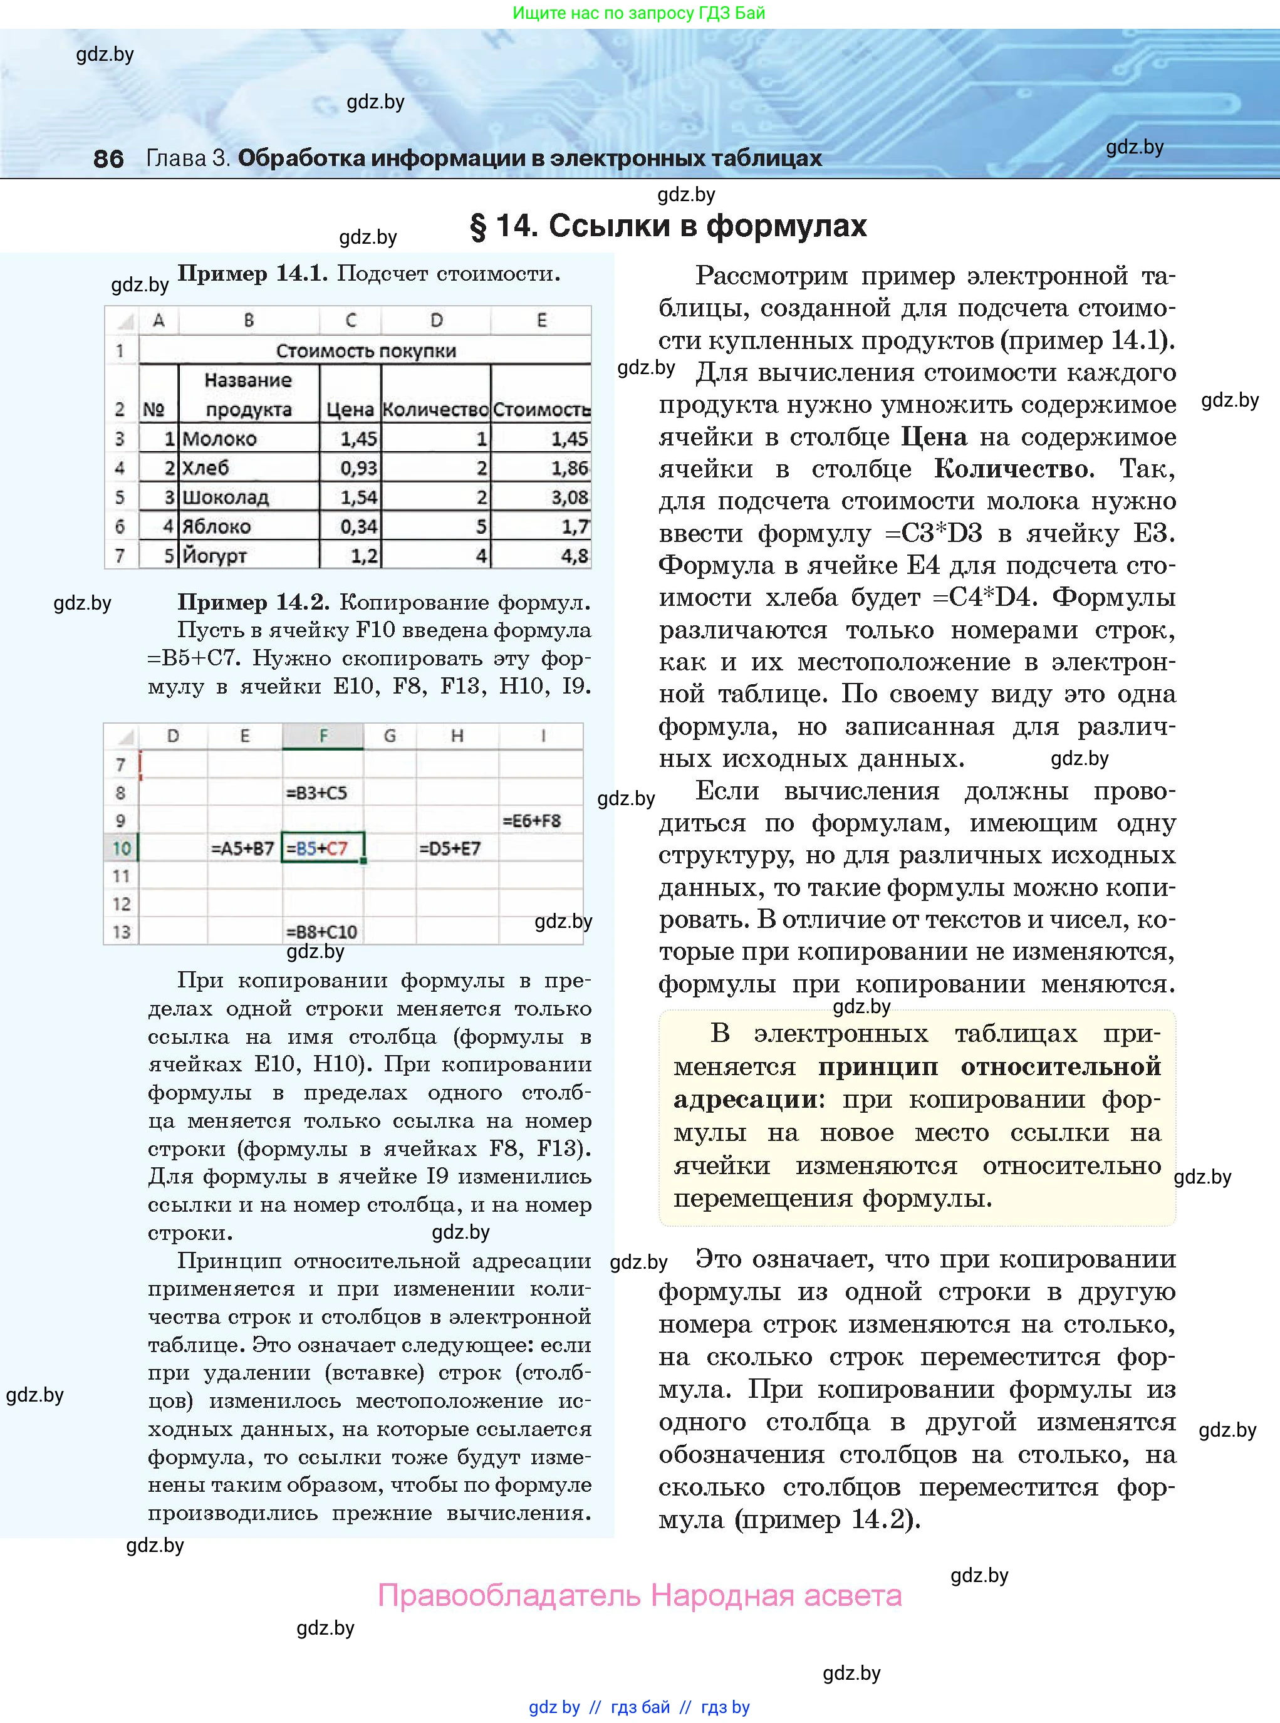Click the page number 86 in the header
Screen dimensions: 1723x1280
tap(108, 159)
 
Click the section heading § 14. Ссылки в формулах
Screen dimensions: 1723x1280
tap(668, 226)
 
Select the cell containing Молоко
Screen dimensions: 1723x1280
tap(219, 439)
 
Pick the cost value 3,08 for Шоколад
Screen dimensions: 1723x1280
tap(569, 497)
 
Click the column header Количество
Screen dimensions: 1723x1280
tap(435, 410)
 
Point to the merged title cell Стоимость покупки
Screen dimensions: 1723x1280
tap(366, 351)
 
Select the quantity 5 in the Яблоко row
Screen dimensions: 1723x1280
tap(481, 527)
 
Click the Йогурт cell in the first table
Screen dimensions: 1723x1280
tap(215, 556)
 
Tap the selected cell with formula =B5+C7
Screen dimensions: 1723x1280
tap(321, 848)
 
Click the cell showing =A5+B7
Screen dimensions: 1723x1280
tap(242, 848)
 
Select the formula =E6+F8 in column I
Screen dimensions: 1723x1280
tap(531, 820)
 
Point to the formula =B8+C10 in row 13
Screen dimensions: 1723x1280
tap(321, 931)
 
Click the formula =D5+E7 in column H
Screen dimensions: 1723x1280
tap(449, 848)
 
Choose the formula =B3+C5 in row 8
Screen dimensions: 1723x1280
tap(316, 793)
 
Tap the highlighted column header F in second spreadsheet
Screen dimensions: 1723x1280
tap(323, 736)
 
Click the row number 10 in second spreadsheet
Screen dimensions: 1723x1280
tap(121, 848)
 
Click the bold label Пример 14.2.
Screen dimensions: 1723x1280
tap(253, 602)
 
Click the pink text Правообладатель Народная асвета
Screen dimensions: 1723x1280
tap(639, 1596)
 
